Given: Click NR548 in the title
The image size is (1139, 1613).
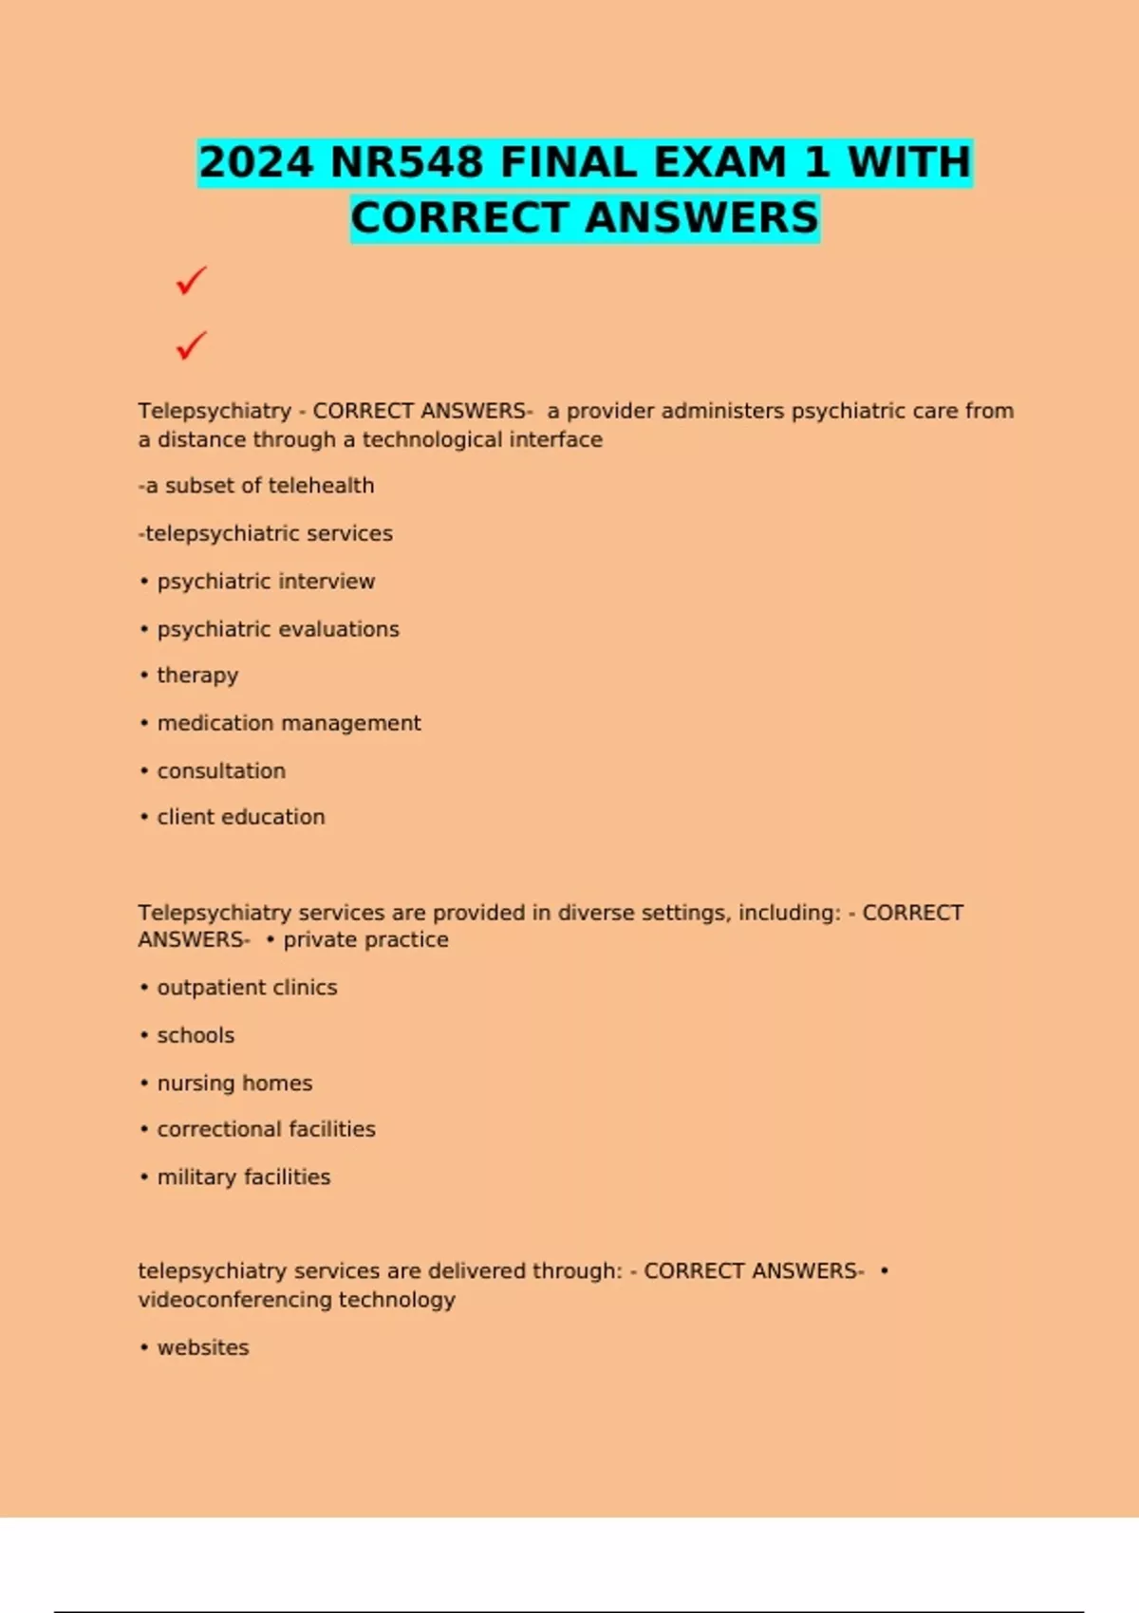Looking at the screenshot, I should [406, 162].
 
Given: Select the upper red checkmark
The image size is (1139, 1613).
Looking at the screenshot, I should [191, 281].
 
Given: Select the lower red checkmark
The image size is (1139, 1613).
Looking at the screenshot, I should [191, 345].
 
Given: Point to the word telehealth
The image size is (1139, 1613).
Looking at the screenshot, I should [322, 486].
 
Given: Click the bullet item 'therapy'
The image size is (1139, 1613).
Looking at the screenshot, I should [197, 676].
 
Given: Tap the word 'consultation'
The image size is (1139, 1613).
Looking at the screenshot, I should [221, 770].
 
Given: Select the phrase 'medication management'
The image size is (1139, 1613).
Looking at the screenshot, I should [289, 723].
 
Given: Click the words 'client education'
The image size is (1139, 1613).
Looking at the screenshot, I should [241, 817].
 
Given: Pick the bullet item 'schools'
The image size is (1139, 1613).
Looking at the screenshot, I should [196, 1035].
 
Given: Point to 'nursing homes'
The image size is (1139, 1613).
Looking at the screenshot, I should [234, 1083].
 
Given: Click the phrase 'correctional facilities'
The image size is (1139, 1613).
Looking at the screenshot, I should [266, 1129].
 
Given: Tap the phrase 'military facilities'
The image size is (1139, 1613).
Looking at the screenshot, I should [244, 1177].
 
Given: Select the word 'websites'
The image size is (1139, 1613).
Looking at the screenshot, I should [203, 1347].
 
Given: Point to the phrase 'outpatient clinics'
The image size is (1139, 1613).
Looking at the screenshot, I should [247, 988].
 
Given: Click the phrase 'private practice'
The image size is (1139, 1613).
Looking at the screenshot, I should [365, 939].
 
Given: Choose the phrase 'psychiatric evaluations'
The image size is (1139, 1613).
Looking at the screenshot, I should [278, 629].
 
